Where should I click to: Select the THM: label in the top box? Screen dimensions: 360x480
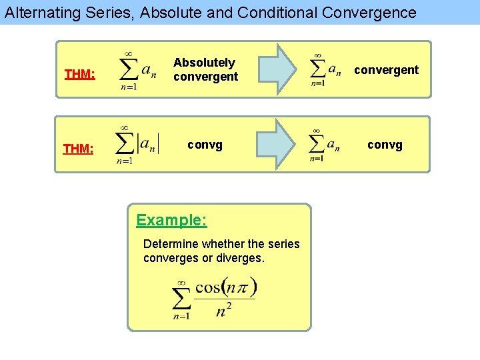point(79,73)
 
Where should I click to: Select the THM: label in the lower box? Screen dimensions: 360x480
point(78,148)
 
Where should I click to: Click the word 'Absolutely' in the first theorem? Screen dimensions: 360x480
point(204,63)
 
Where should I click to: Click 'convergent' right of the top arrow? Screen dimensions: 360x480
point(386,70)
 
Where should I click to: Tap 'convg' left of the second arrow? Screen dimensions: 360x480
point(205,144)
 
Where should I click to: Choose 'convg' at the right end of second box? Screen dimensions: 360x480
point(385,145)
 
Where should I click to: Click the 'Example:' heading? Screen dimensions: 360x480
point(171,220)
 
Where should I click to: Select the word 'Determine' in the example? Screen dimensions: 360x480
point(171,244)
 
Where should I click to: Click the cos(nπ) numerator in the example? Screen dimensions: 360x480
point(226,289)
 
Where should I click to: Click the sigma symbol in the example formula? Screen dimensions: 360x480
point(181,300)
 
